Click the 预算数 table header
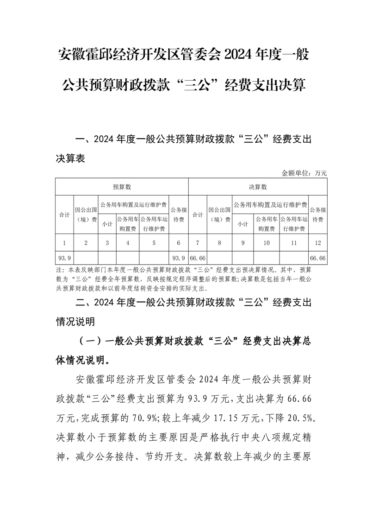pyautogui.click(x=122, y=187)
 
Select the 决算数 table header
pyautogui.click(x=258, y=187)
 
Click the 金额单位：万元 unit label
pyautogui.click(x=304, y=173)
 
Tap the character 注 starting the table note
pyautogui.click(x=59, y=270)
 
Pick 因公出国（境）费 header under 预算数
pyautogui.click(x=86, y=215)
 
